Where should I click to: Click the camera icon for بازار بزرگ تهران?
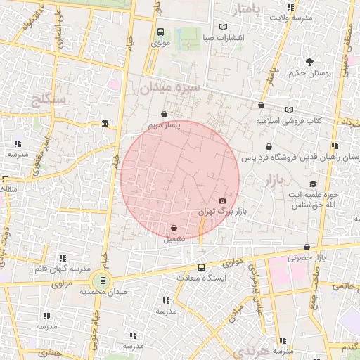click(x=223, y=200)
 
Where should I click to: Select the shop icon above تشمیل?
click(x=174, y=227)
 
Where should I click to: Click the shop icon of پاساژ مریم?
click(x=164, y=114)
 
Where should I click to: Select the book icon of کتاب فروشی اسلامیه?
click(x=289, y=110)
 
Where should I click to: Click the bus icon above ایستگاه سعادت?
click(x=202, y=267)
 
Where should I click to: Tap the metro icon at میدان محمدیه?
click(x=104, y=281)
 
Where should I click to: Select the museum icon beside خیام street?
click(x=105, y=124)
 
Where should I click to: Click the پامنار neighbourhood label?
click(x=251, y=10)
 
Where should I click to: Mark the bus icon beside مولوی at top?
click(x=161, y=32)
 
